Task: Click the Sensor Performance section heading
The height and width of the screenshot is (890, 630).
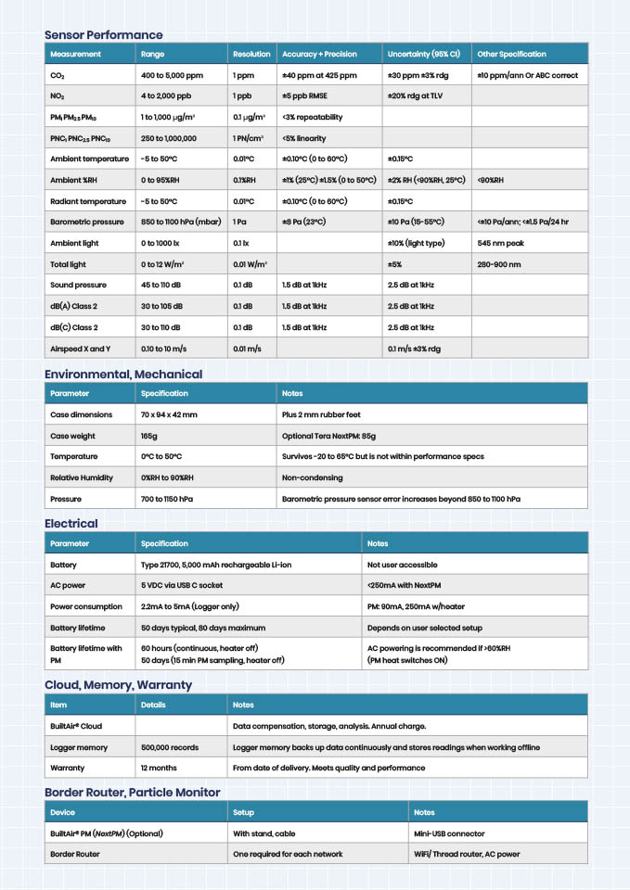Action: click(x=103, y=35)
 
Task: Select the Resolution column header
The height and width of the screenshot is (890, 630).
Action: click(x=251, y=54)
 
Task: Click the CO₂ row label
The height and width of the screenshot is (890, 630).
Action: click(x=58, y=75)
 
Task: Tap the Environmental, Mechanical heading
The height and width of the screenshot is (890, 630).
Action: click(x=123, y=375)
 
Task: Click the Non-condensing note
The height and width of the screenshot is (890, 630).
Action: click(x=312, y=477)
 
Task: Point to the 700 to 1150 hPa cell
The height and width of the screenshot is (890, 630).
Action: click(x=167, y=499)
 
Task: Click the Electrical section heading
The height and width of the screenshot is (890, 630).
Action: click(x=71, y=524)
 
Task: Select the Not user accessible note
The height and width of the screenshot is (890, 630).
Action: click(x=402, y=565)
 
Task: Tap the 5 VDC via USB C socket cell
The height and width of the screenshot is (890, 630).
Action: click(x=182, y=585)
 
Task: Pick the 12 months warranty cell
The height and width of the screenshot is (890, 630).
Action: click(x=159, y=768)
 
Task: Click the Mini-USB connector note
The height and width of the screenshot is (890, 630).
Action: click(x=449, y=833)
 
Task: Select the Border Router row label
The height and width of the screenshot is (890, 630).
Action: click(x=74, y=854)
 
